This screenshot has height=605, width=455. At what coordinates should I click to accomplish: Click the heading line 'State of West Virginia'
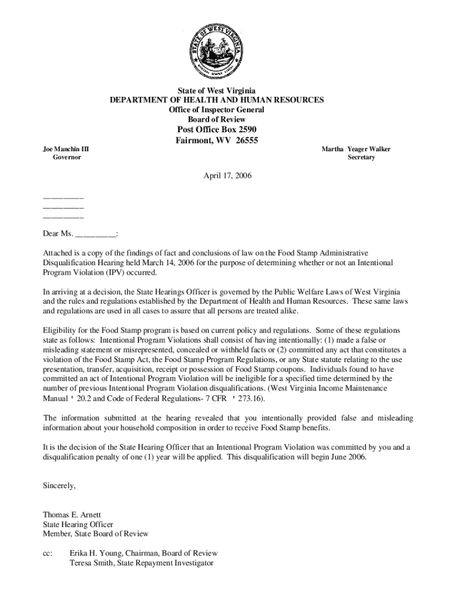pyautogui.click(x=217, y=91)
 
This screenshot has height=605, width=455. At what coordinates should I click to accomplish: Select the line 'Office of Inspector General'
pyautogui.click(x=217, y=110)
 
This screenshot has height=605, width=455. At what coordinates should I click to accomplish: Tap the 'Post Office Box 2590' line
pyautogui.click(x=217, y=130)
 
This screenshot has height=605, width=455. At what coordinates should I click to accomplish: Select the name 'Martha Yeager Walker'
pyautogui.click(x=356, y=149)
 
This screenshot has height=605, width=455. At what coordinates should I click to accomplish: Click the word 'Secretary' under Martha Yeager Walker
pyautogui.click(x=361, y=158)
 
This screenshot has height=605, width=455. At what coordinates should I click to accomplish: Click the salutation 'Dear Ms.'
pyautogui.click(x=58, y=234)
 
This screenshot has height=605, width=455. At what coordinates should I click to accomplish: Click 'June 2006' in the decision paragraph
pyautogui.click(x=347, y=457)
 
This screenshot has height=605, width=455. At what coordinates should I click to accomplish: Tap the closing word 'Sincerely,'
pyautogui.click(x=59, y=486)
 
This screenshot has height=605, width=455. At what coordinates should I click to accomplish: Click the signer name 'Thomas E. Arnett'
pyautogui.click(x=68, y=515)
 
